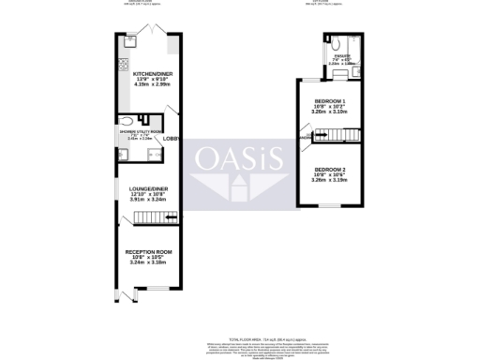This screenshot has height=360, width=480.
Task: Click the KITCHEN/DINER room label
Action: pos(149,73)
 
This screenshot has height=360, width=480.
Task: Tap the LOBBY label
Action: pos(172,139)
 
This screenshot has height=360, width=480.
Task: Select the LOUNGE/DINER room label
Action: pos(148,190)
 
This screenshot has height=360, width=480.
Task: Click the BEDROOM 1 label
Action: pos(330,100)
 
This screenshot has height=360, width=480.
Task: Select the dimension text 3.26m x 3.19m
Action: pos(330,182)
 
